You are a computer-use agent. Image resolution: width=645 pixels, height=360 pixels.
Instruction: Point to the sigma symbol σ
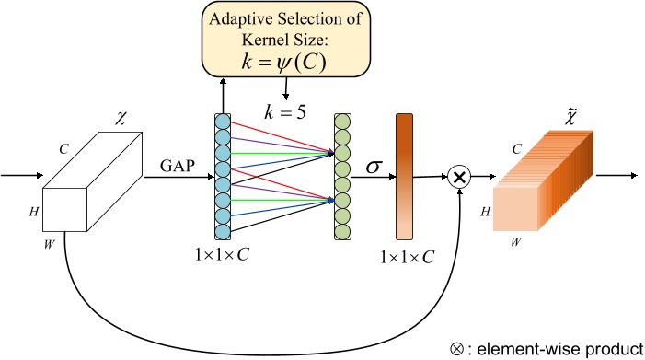pyautogui.click(x=374, y=168)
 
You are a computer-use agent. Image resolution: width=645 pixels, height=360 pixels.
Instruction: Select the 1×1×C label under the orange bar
pyautogui.click(x=407, y=256)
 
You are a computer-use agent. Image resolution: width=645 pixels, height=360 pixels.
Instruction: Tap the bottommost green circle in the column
pyautogui.click(x=342, y=231)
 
